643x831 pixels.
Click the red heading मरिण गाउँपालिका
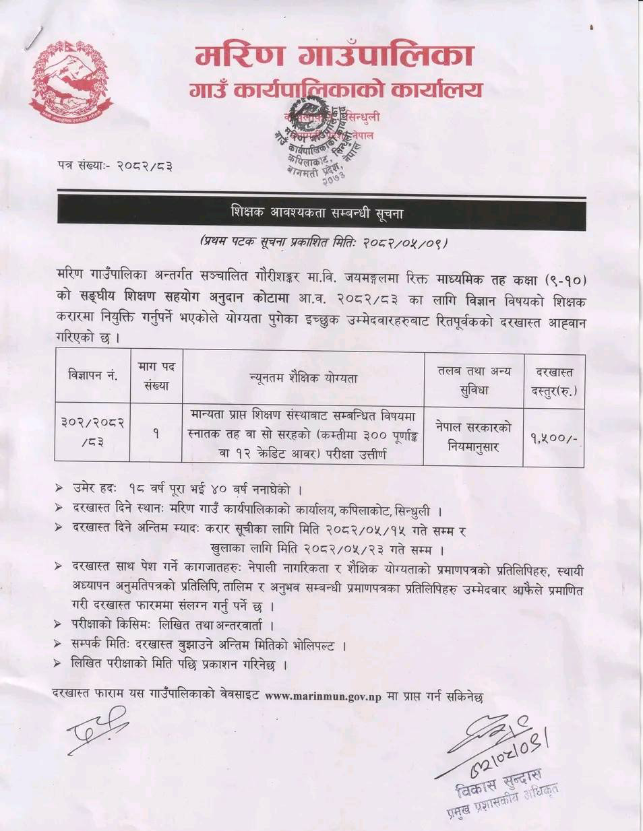334,55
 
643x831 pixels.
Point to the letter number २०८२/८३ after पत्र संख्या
144,165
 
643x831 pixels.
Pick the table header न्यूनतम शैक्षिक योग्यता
303,378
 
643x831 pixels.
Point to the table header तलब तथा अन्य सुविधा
474,380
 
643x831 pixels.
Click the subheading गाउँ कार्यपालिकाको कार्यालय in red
335,90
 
